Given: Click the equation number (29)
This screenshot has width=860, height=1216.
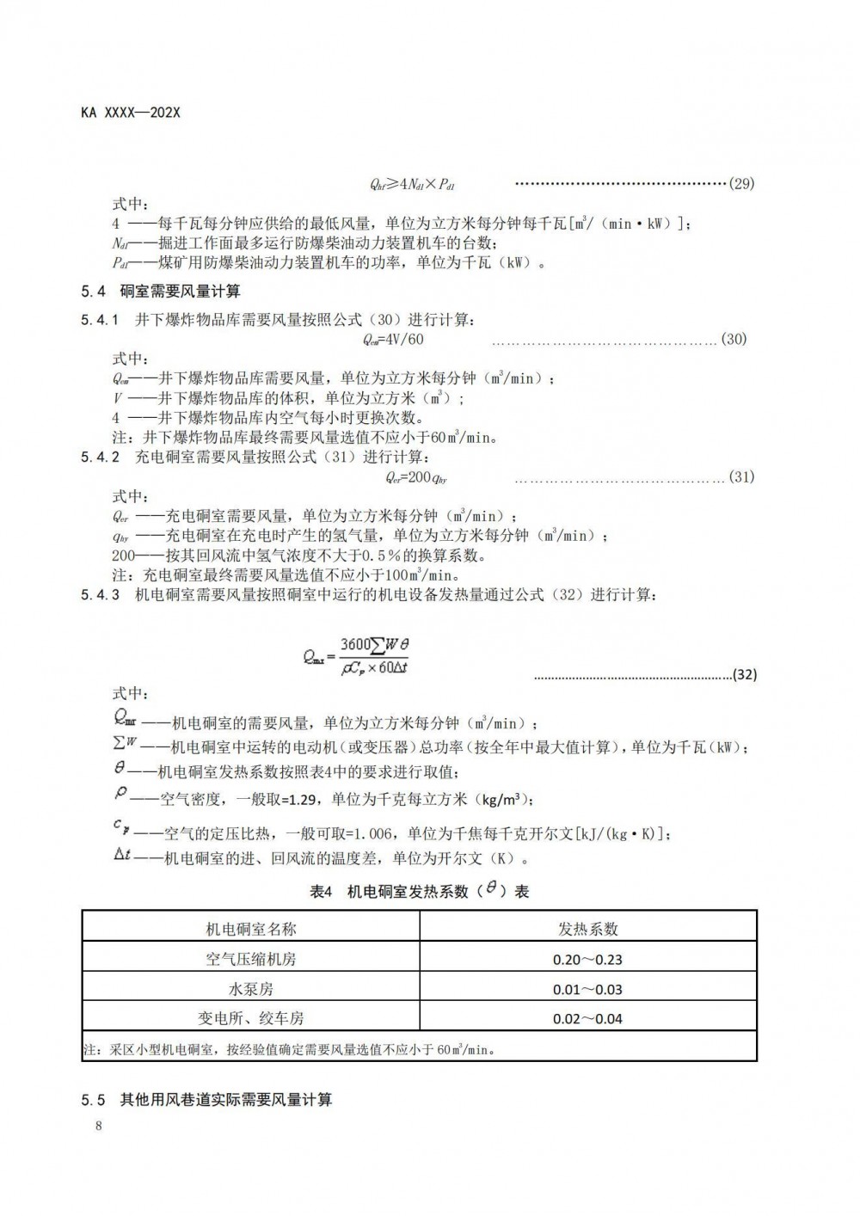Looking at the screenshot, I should [740, 183].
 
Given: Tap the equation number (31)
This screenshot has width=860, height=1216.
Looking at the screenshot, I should [740, 477].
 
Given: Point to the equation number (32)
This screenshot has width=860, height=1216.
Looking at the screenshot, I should [744, 675].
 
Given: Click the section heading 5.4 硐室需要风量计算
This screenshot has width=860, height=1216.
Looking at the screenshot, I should [161, 292].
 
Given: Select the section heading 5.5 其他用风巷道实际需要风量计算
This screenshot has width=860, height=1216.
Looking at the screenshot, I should [206, 1099].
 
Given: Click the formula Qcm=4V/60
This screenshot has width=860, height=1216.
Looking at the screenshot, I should [394, 339].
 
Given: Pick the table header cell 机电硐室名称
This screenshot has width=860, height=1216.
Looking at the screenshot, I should [251, 929].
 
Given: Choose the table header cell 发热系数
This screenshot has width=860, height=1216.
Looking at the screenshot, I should [588, 929].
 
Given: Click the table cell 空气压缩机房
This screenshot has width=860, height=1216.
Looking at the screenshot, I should [251, 959].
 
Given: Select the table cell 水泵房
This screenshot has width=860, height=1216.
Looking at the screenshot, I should [251, 989].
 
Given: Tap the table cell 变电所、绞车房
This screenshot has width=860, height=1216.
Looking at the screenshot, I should [251, 1018].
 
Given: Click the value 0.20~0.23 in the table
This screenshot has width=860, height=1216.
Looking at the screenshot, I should [588, 960].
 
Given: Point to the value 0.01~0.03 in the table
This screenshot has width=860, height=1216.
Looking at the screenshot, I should [588, 990].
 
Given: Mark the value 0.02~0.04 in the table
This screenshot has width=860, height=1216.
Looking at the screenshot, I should [588, 1019].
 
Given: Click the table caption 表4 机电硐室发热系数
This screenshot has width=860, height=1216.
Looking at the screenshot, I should [419, 892].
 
